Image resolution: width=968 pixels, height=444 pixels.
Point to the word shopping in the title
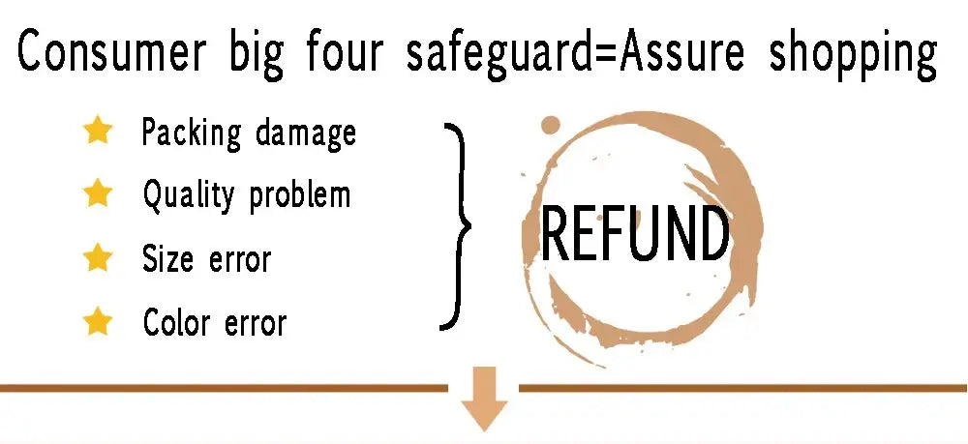pyautogui.click(x=853, y=53)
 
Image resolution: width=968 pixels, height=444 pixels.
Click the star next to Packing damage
pyautogui.click(x=98, y=132)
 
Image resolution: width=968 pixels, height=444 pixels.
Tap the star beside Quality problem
pyautogui.click(x=98, y=193)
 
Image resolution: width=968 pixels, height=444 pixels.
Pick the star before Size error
pyautogui.click(x=98, y=257)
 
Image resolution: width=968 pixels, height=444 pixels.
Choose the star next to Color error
pyautogui.click(x=98, y=321)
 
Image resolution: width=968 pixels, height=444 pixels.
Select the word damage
pyautogui.click(x=306, y=133)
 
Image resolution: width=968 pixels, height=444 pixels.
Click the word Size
pyautogui.click(x=167, y=258)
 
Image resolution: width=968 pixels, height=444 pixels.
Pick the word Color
pyautogui.click(x=176, y=322)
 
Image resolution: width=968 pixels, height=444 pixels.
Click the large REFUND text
pyautogui.click(x=635, y=233)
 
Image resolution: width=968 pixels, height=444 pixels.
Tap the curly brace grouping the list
pyautogui.click(x=456, y=226)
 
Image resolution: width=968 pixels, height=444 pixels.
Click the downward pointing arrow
pyautogui.click(x=484, y=399)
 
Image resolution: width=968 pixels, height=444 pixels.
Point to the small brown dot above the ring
pyautogui.click(x=550, y=125)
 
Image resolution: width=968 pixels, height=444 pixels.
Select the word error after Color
pyautogui.click(x=256, y=323)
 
